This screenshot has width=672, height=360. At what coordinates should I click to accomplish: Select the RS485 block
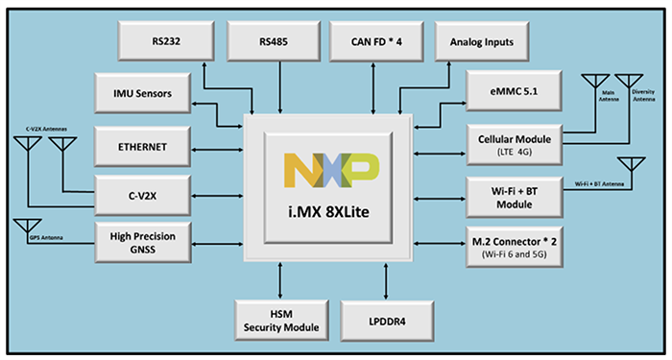tap(277, 41)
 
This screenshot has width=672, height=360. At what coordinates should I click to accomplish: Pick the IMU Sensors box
tap(143, 92)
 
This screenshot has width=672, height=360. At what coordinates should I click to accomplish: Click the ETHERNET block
tap(143, 146)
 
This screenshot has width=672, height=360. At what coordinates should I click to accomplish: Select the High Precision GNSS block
tap(143, 242)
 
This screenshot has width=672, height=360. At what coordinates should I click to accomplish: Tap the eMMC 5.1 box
tap(512, 92)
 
